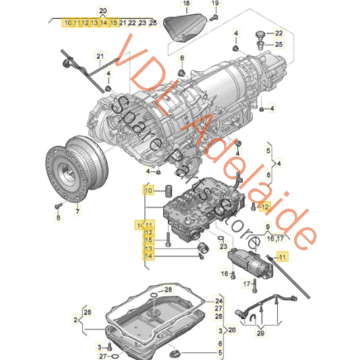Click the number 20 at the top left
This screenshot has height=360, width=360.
103,10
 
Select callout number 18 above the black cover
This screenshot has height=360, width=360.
186,5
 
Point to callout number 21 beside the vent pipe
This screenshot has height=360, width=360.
99,55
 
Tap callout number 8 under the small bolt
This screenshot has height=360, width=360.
58,219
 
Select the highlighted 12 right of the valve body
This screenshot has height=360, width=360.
264,207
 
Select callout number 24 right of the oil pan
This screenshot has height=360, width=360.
218,301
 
